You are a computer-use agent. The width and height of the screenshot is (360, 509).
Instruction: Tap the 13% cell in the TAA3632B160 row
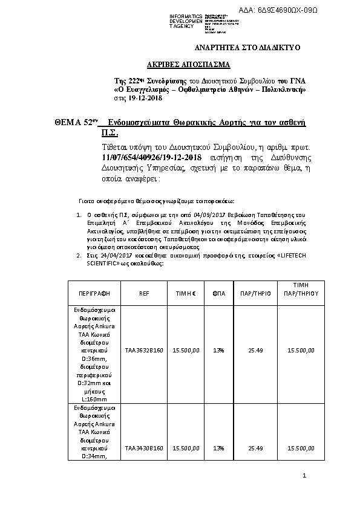point(219,349)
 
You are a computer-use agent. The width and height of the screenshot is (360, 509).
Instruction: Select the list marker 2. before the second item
point(78,256)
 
